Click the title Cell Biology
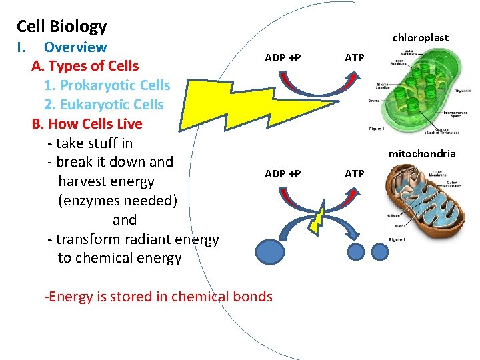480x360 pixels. [x=61, y=27]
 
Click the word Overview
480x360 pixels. [x=75, y=47]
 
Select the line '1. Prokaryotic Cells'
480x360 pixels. [x=107, y=85]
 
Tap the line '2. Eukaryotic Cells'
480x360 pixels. [x=103, y=105]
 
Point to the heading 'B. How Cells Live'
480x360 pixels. [x=87, y=124]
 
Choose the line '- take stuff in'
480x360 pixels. [x=90, y=143]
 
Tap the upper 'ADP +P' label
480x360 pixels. [x=283, y=58]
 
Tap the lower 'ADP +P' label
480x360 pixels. [x=283, y=174]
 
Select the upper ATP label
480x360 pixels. [x=354, y=58]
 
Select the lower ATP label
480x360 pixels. [x=354, y=174]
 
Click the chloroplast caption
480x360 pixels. [x=420, y=38]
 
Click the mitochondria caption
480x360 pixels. [x=422, y=154]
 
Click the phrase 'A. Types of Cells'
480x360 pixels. [x=85, y=66]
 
